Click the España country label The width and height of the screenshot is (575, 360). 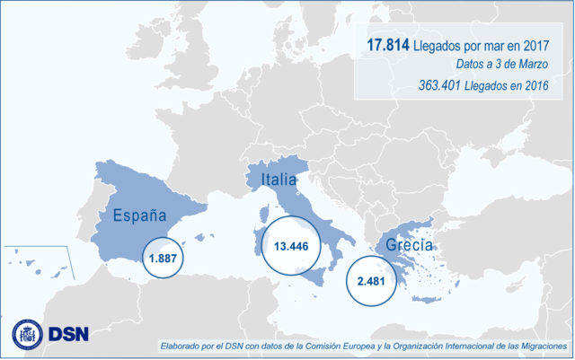pyautogui.click(x=138, y=215)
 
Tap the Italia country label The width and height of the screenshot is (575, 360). pyautogui.click(x=279, y=180)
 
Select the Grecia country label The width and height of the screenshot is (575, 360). pyautogui.click(x=409, y=244)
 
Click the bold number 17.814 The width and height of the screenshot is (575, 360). pyautogui.click(x=389, y=45)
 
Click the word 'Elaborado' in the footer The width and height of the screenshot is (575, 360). pyautogui.click(x=182, y=346)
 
